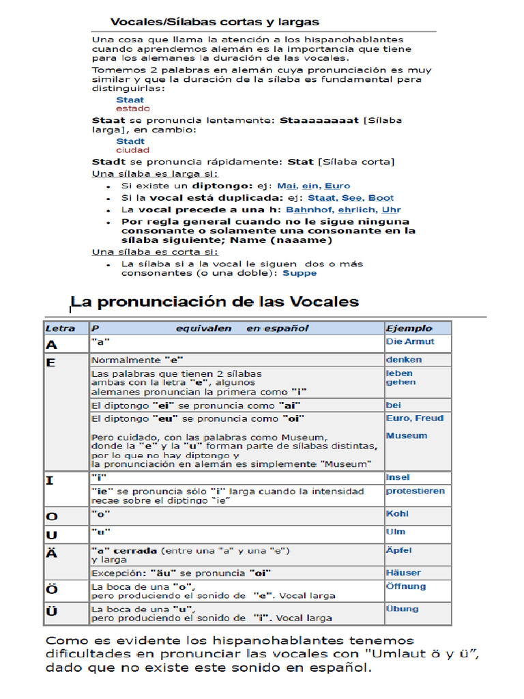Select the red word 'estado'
click(132, 109)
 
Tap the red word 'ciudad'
click(132, 150)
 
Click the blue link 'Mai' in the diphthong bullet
click(287, 186)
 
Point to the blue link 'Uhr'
click(392, 210)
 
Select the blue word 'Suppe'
click(300, 273)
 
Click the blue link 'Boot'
click(381, 198)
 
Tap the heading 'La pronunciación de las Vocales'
click(215, 302)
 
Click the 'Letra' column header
click(60, 328)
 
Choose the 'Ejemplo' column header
click(409, 328)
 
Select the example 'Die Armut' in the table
click(409, 342)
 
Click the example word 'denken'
click(404, 360)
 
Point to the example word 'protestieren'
click(415, 491)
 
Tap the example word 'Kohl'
click(398, 513)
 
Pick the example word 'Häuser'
click(403, 573)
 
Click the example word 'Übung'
click(402, 609)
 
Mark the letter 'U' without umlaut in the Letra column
click(51, 535)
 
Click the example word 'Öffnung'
click(405, 586)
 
